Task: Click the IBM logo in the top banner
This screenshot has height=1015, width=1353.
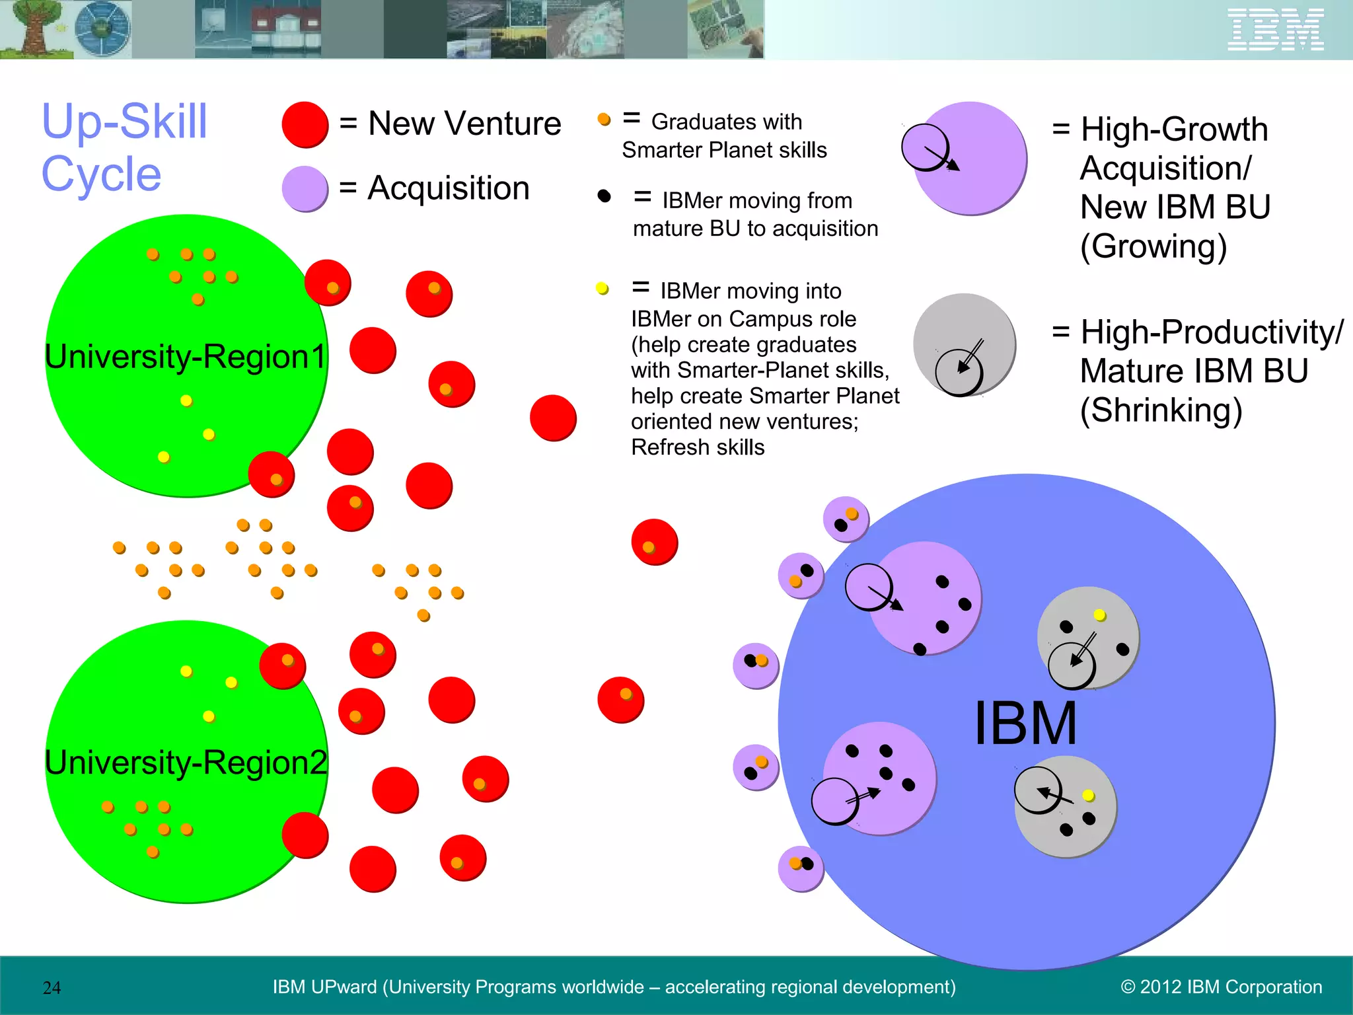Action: click(1275, 30)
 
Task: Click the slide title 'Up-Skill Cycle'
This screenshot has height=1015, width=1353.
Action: click(124, 147)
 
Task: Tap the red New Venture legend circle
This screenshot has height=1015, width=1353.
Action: click(305, 124)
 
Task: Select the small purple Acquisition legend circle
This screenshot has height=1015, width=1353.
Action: click(305, 188)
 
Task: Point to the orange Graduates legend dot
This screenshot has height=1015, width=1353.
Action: click(604, 120)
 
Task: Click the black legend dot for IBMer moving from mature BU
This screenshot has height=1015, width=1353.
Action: click(604, 196)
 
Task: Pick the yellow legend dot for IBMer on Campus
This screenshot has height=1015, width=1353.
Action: click(602, 289)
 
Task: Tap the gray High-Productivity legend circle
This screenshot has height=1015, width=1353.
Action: click(965, 344)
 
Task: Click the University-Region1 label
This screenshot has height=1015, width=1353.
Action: click(186, 357)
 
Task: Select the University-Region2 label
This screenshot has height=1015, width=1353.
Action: click(186, 763)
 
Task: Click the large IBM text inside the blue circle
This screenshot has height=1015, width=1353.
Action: click(1025, 724)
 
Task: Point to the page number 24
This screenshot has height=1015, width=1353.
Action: click(52, 988)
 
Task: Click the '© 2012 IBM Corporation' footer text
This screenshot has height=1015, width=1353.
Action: click(1221, 987)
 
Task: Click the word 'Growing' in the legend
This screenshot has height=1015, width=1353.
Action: click(1153, 246)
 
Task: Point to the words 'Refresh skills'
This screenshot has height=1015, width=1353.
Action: click(698, 447)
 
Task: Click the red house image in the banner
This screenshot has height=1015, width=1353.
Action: click(286, 30)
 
